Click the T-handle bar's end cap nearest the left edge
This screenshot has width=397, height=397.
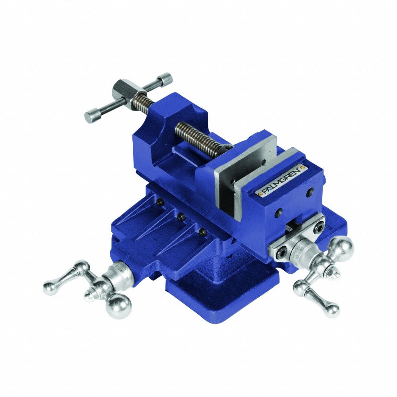click(90, 117)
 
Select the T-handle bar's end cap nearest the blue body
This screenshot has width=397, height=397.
click(166, 79)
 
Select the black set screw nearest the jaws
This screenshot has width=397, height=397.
click(203, 233)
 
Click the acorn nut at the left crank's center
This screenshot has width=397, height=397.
click(89, 295)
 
